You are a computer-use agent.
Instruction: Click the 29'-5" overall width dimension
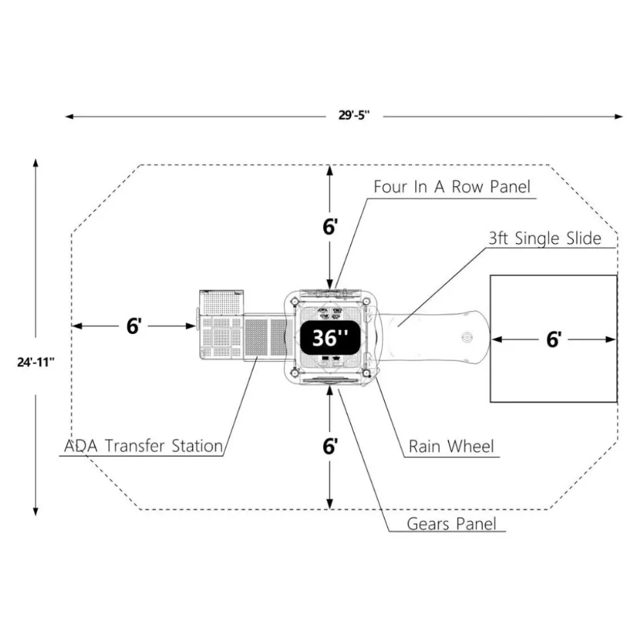pos(354,115)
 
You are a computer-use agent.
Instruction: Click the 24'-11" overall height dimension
pos(36,362)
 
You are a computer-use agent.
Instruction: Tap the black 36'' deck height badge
pos(330,338)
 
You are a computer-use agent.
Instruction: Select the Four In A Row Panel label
pos(452,187)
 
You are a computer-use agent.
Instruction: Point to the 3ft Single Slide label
pos(545,238)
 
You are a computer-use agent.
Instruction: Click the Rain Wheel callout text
pos(451,446)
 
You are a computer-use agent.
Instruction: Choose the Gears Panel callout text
pos(451,523)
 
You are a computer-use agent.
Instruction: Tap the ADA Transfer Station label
pos(143,446)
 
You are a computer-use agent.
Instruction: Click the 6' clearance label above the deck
pos(330,227)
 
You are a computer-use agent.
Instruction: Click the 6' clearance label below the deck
pos(330,446)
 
